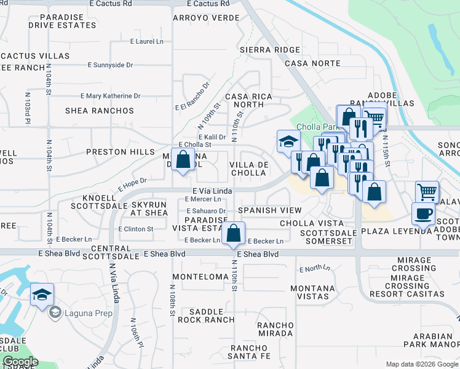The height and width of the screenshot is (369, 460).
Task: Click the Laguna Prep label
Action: pos(80,312)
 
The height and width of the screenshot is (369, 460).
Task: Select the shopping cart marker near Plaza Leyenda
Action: pos(426,191)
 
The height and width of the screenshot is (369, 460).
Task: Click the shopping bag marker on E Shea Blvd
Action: pos(233,234)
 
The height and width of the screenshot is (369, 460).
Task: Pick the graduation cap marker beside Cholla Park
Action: pos(288,141)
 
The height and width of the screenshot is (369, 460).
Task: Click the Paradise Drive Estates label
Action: pos(62,21)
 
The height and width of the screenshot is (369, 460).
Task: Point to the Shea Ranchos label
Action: pos(100,111)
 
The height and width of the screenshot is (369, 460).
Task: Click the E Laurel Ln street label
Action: pos(147,42)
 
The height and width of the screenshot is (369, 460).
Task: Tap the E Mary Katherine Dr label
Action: pos(111,96)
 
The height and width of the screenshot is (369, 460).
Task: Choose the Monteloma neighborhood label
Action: pos(200,277)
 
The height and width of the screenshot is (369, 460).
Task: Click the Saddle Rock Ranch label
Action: pos(206,315)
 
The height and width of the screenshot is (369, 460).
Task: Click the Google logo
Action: pos(20,362)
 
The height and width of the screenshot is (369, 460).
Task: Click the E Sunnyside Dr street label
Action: pos(110,65)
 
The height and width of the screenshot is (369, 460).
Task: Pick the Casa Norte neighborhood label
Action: pos(312,63)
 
